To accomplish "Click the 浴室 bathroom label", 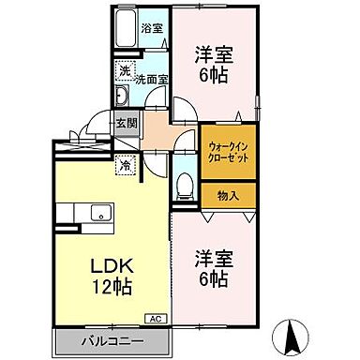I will tap(152, 28).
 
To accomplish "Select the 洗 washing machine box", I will tap(125, 71).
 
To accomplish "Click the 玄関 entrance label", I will tap(127, 122).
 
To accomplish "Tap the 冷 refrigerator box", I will tap(125, 166).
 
